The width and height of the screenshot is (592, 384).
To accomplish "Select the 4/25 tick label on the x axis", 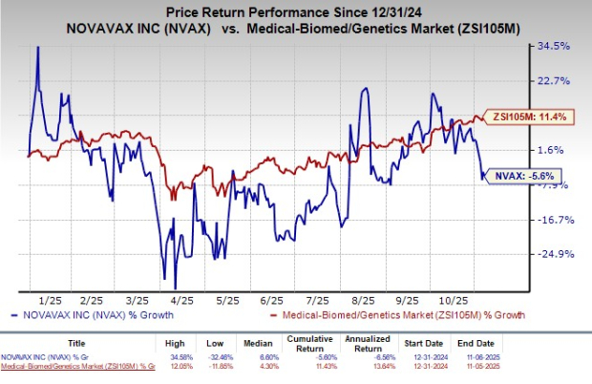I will click(x=179, y=297).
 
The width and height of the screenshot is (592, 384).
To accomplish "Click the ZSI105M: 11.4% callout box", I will click(x=524, y=116).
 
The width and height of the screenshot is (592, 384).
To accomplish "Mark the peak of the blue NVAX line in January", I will click(x=37, y=47).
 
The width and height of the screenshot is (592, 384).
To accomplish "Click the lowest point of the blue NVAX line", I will click(x=175, y=288).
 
